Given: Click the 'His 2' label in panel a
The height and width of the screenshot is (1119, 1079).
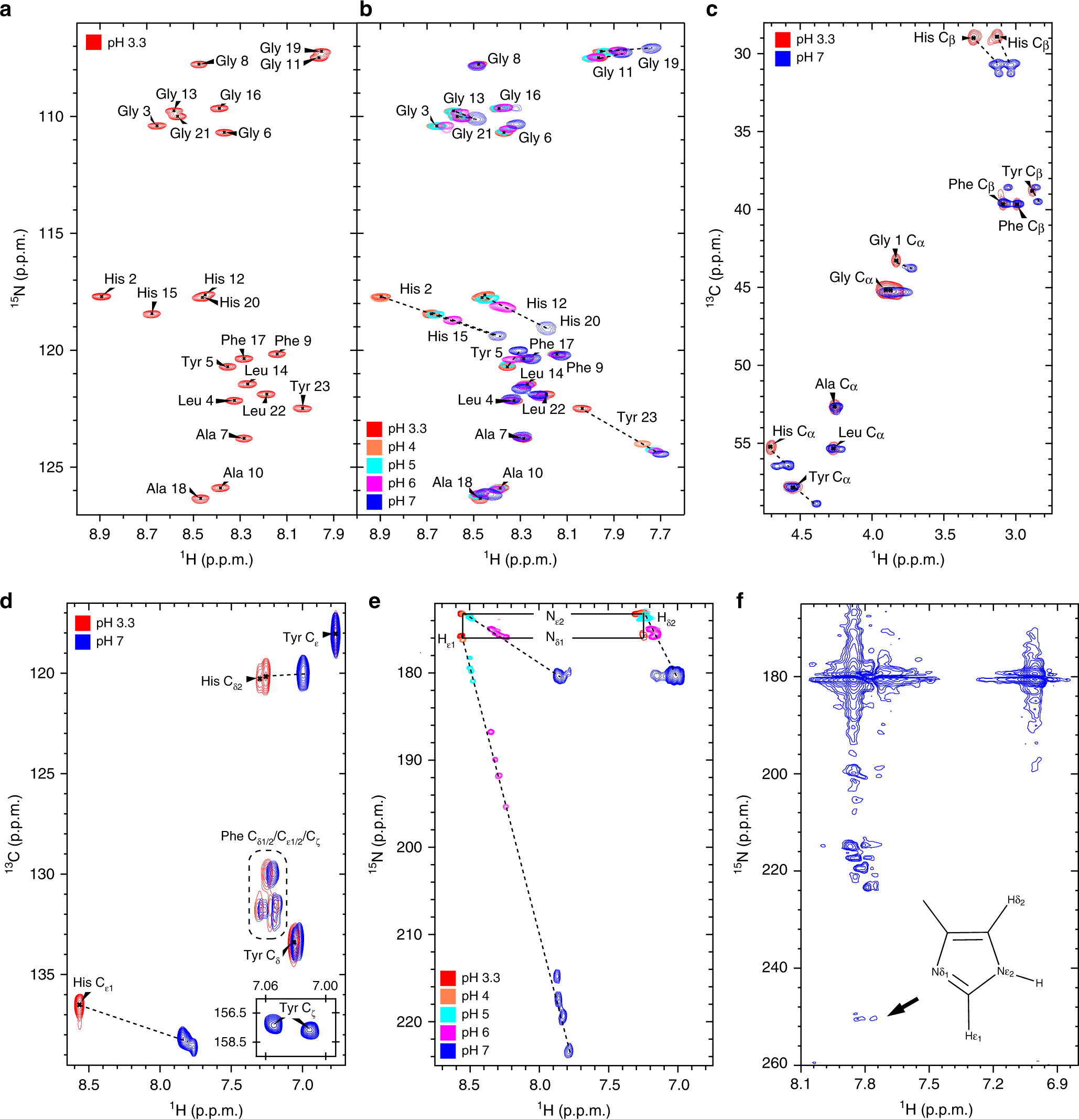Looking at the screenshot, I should [x=120, y=279].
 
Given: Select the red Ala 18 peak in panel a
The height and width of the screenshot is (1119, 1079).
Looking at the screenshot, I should [x=200, y=498].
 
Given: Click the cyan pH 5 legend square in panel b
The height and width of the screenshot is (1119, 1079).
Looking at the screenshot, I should [x=374, y=465].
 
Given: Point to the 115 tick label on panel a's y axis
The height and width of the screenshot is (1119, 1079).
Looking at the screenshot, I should [x=50, y=233].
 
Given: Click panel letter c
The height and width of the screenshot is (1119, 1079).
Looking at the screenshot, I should [x=711, y=10].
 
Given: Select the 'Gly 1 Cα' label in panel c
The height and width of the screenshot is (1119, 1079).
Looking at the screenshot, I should [x=897, y=240].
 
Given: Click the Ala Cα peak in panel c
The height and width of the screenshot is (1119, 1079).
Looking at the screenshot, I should [x=835, y=407].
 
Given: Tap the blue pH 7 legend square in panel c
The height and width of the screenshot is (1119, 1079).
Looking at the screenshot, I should [x=782, y=58].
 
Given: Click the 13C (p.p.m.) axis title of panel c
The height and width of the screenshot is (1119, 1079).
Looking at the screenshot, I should [x=715, y=268].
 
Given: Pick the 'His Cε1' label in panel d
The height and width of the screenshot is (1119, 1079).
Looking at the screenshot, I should [x=92, y=983].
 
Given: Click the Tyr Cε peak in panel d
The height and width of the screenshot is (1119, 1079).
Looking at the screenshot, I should [x=336, y=634].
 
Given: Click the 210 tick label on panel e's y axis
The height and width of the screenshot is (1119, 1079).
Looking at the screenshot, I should [x=409, y=934].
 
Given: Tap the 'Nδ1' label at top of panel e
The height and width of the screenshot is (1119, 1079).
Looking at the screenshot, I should [x=554, y=638].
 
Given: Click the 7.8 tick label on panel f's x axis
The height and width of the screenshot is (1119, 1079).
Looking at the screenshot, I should [x=865, y=1084].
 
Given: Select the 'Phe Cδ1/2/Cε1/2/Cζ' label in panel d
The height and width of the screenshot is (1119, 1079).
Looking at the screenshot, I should [x=270, y=837].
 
